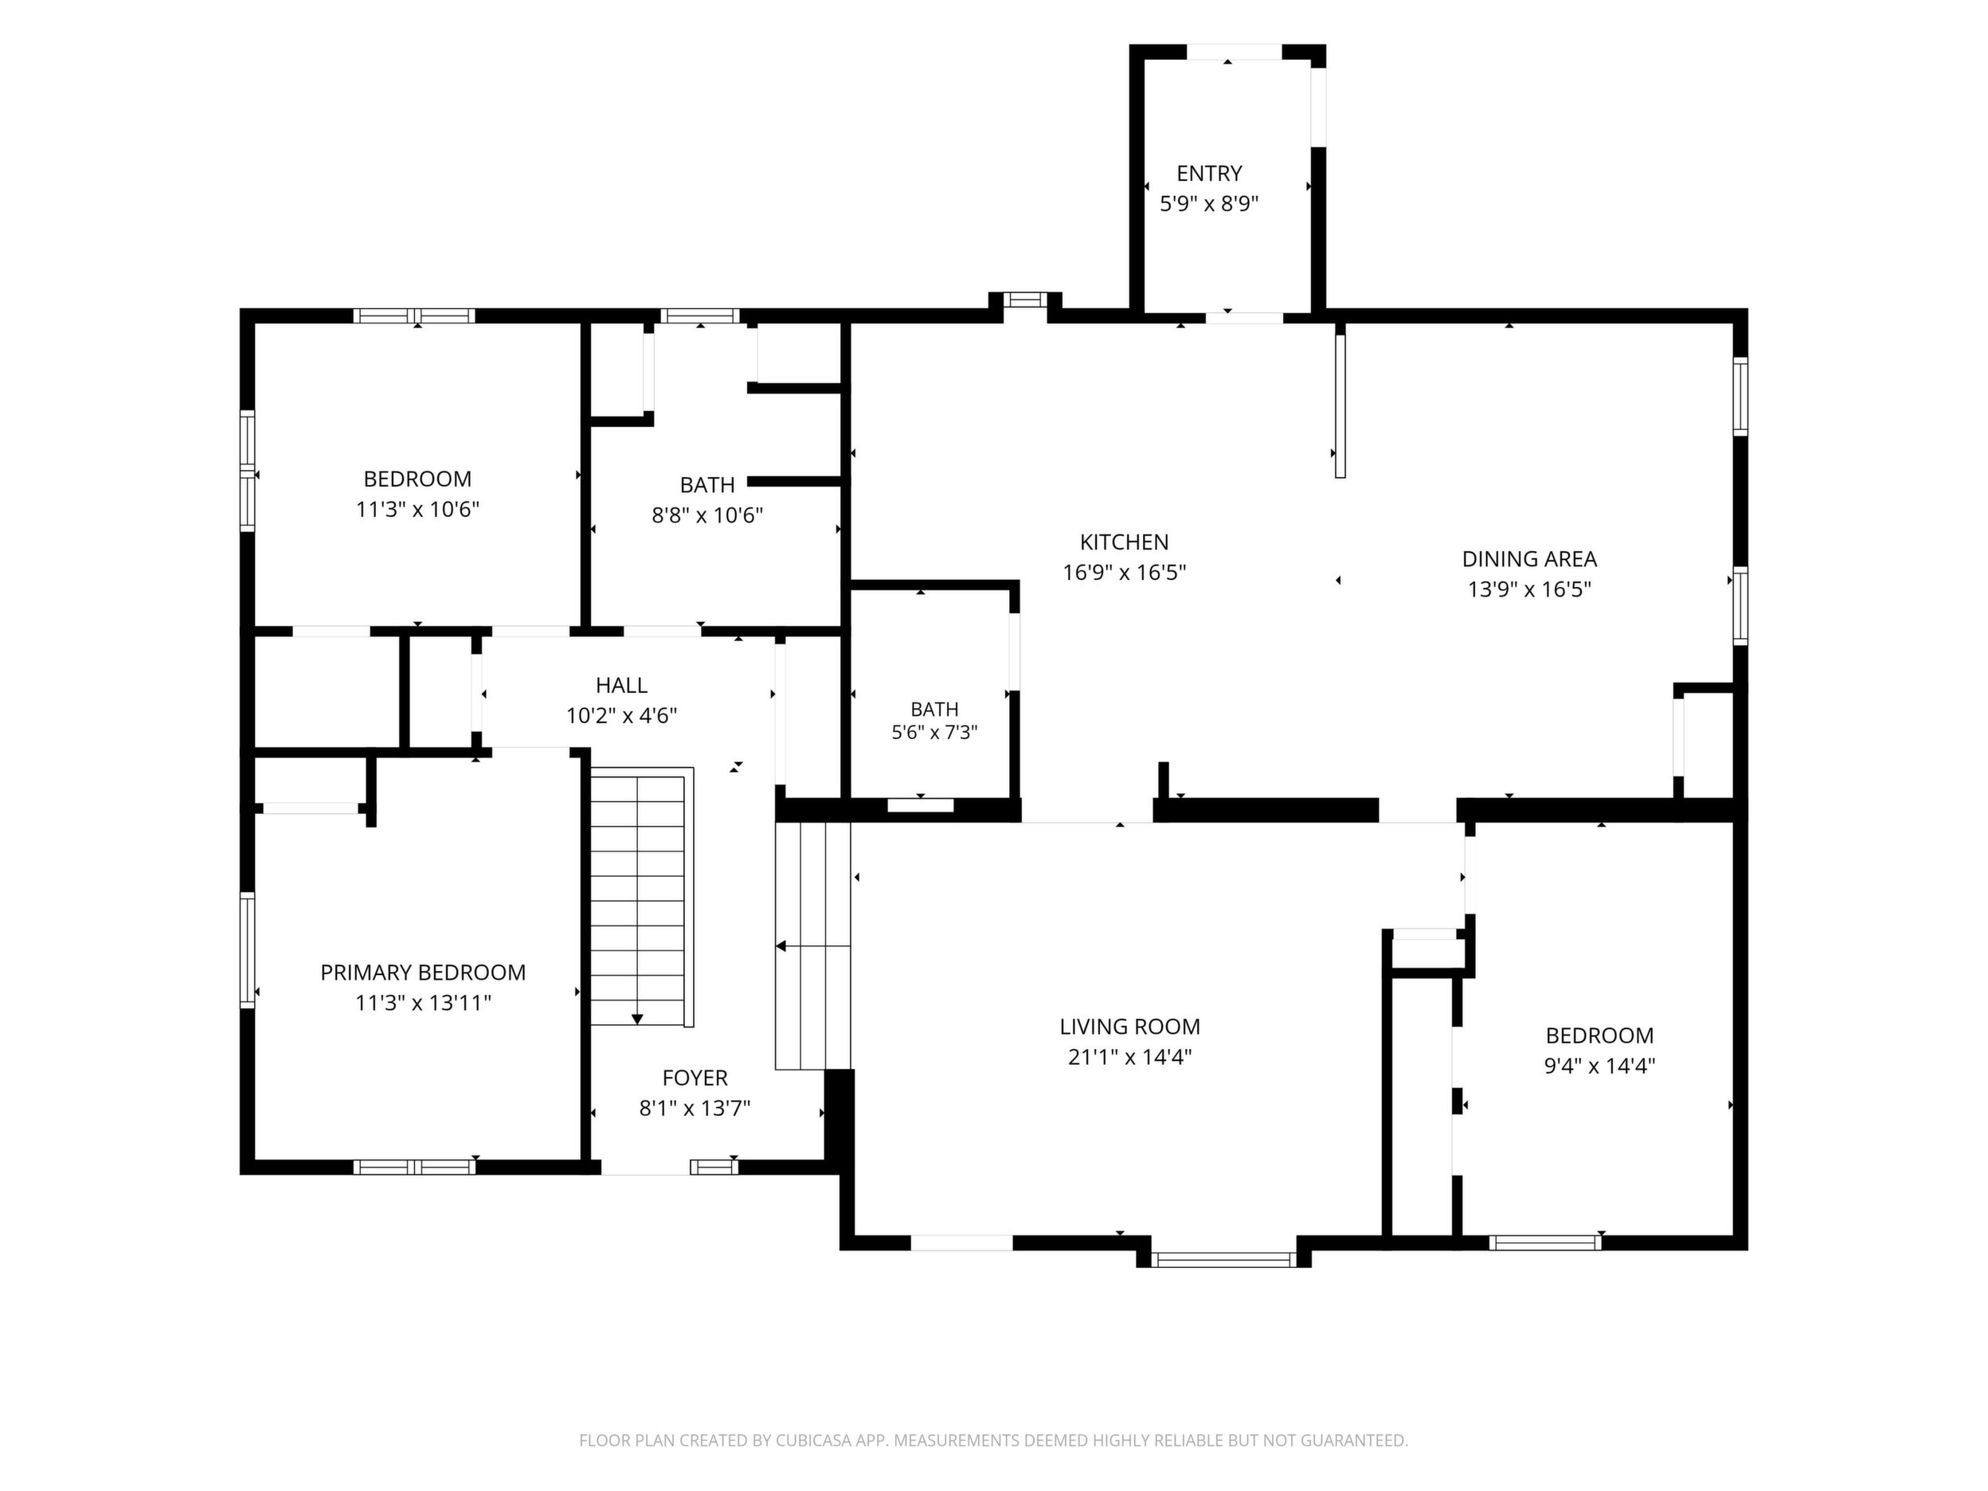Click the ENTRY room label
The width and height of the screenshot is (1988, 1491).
[1209, 173]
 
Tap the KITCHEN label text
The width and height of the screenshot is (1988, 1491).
[1125, 542]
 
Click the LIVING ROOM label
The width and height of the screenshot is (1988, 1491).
[1129, 1027]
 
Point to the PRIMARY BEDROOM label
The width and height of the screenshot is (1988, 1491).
[422, 972]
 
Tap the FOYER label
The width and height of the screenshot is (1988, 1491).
[695, 1078]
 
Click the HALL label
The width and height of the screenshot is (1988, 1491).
[621, 685]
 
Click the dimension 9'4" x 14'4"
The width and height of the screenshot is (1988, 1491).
[1600, 1066]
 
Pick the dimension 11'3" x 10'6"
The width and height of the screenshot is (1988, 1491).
[417, 510]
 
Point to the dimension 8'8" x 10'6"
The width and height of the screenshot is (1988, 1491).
[707, 515]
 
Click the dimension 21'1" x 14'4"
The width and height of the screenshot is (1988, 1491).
[1129, 1057]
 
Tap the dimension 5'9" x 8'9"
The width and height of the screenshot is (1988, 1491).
[1209, 203]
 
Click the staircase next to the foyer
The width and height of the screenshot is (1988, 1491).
[642, 896]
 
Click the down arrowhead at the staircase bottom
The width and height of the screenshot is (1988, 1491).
[637, 1019]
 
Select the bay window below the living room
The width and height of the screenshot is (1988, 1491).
[1223, 1259]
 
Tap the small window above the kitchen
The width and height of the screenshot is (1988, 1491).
[1025, 300]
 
